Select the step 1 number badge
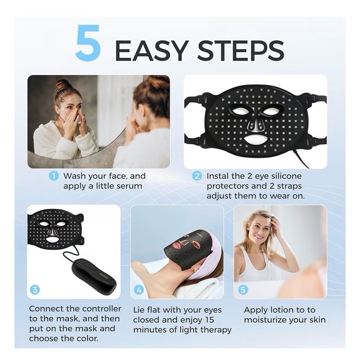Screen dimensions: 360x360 [54, 176]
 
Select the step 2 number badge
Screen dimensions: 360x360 [197, 176]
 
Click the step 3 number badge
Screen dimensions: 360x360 [35, 289]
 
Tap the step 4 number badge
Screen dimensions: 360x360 [139, 289]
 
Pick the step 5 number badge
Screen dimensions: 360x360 [243, 289]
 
